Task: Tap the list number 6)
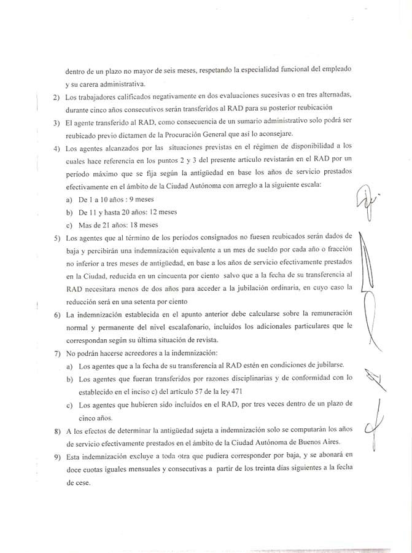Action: tap(56, 315)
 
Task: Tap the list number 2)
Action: tap(56, 98)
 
